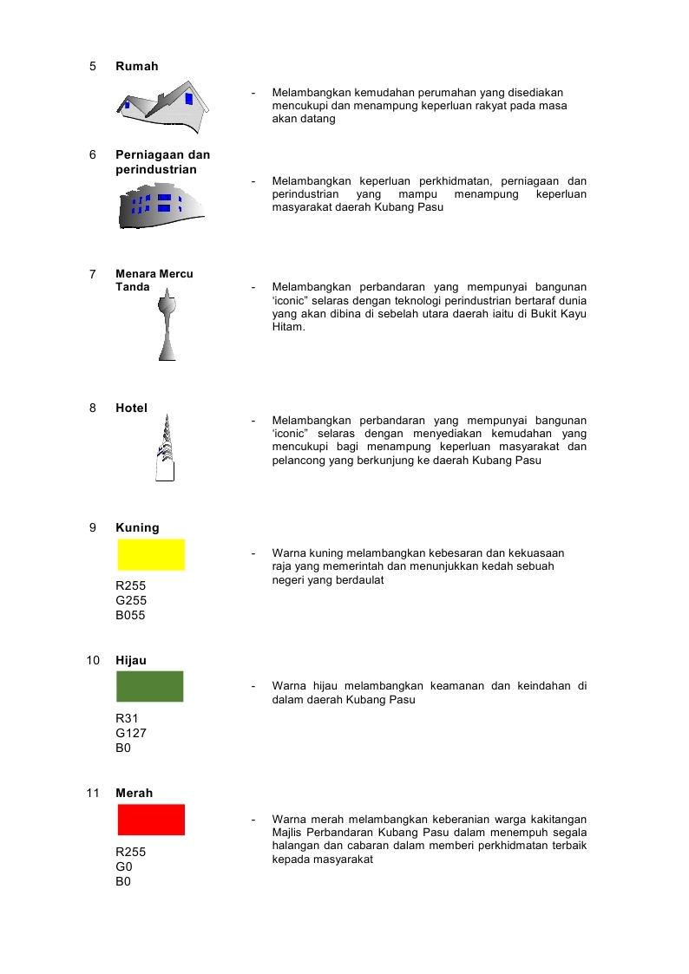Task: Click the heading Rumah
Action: pos(137,67)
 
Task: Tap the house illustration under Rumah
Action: pos(166,108)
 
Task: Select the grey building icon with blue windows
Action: pos(161,208)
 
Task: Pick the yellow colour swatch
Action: pos(151,555)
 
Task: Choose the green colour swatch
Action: pos(150,687)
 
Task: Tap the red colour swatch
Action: pos(151,820)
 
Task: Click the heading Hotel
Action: pos(132,409)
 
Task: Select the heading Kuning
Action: pos(137,528)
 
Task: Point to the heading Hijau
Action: pos(131,661)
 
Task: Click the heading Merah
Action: pos(134,794)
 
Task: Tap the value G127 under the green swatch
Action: pos(131,733)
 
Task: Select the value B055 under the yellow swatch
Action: pos(130,616)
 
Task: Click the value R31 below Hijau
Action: pos(127,718)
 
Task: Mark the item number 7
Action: pos(93,274)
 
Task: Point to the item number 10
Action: pos(93,661)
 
